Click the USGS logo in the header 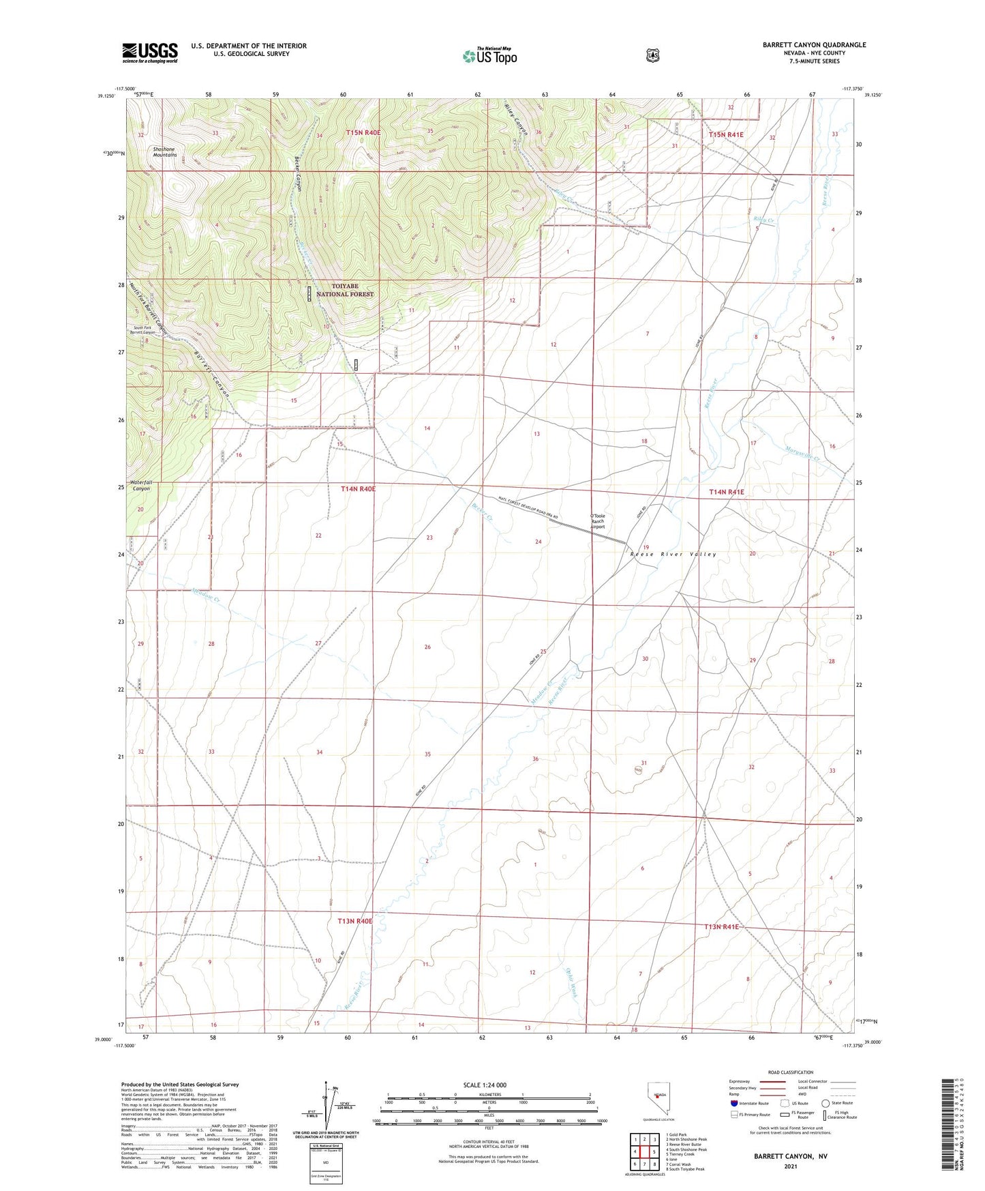pos(150,53)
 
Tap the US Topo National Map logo pos(489,56)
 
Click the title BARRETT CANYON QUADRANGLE pos(814,45)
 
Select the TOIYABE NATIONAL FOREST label pos(344,291)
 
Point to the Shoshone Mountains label pos(164,152)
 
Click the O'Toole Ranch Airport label pos(597,521)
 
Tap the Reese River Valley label pos(673,555)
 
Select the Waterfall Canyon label pos(141,486)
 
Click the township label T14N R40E pos(358,489)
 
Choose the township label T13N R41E pos(721,927)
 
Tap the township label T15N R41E pos(726,135)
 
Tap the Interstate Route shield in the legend pos(733,1103)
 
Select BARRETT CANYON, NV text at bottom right pos(790,1157)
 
